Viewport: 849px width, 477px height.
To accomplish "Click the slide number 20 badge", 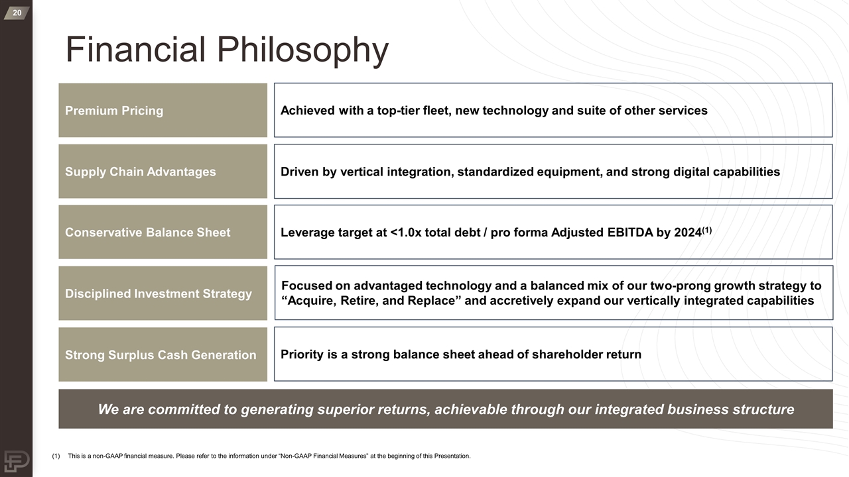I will coord(16,13).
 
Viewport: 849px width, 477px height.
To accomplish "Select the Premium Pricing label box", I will coord(163,110).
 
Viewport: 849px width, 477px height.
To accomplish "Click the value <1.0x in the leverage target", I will coord(407,233).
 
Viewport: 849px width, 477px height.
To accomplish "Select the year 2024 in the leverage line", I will coord(687,233).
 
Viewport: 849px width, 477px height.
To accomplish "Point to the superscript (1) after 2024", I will coord(707,230).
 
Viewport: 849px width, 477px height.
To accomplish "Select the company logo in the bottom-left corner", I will coord(16,460).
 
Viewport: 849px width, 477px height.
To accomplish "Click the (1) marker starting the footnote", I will coord(56,456).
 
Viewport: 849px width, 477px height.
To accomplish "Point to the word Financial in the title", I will coord(136,50).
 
